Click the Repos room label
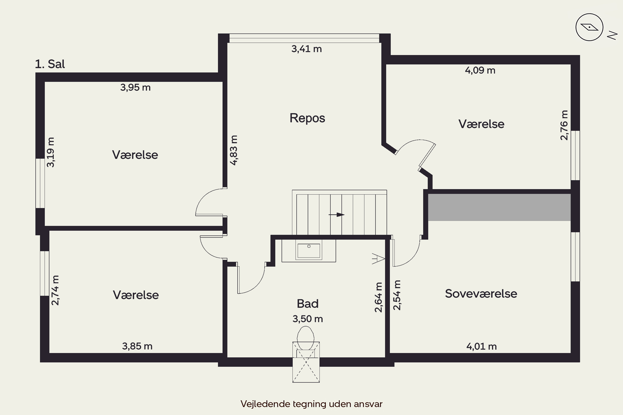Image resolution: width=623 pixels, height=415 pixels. click(307, 118)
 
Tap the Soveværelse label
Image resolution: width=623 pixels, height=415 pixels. click(481, 294)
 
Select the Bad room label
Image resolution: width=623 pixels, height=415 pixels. click(308, 304)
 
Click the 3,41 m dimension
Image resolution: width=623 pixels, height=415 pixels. click(307, 49)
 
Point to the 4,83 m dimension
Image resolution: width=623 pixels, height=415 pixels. click(234, 150)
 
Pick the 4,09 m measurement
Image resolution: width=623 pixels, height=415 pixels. click(480, 70)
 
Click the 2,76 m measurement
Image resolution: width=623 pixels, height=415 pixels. click(564, 125)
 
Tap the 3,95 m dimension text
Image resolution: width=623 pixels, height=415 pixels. click(135, 87)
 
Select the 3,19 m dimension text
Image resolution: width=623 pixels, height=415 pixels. click(50, 152)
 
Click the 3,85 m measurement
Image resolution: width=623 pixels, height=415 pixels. click(137, 346)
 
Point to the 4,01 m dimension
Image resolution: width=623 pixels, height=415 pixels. click(481, 347)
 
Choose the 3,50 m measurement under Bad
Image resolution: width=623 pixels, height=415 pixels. click(308, 319)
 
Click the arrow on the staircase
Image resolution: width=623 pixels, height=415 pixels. click(336, 215)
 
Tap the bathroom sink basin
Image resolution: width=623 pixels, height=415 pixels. click(309, 251)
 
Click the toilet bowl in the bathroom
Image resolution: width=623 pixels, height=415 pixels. click(306, 338)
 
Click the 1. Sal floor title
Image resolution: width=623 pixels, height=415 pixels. click(50, 64)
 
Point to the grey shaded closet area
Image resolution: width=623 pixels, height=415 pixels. click(499, 207)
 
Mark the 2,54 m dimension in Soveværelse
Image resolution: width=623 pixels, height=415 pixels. click(397, 295)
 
